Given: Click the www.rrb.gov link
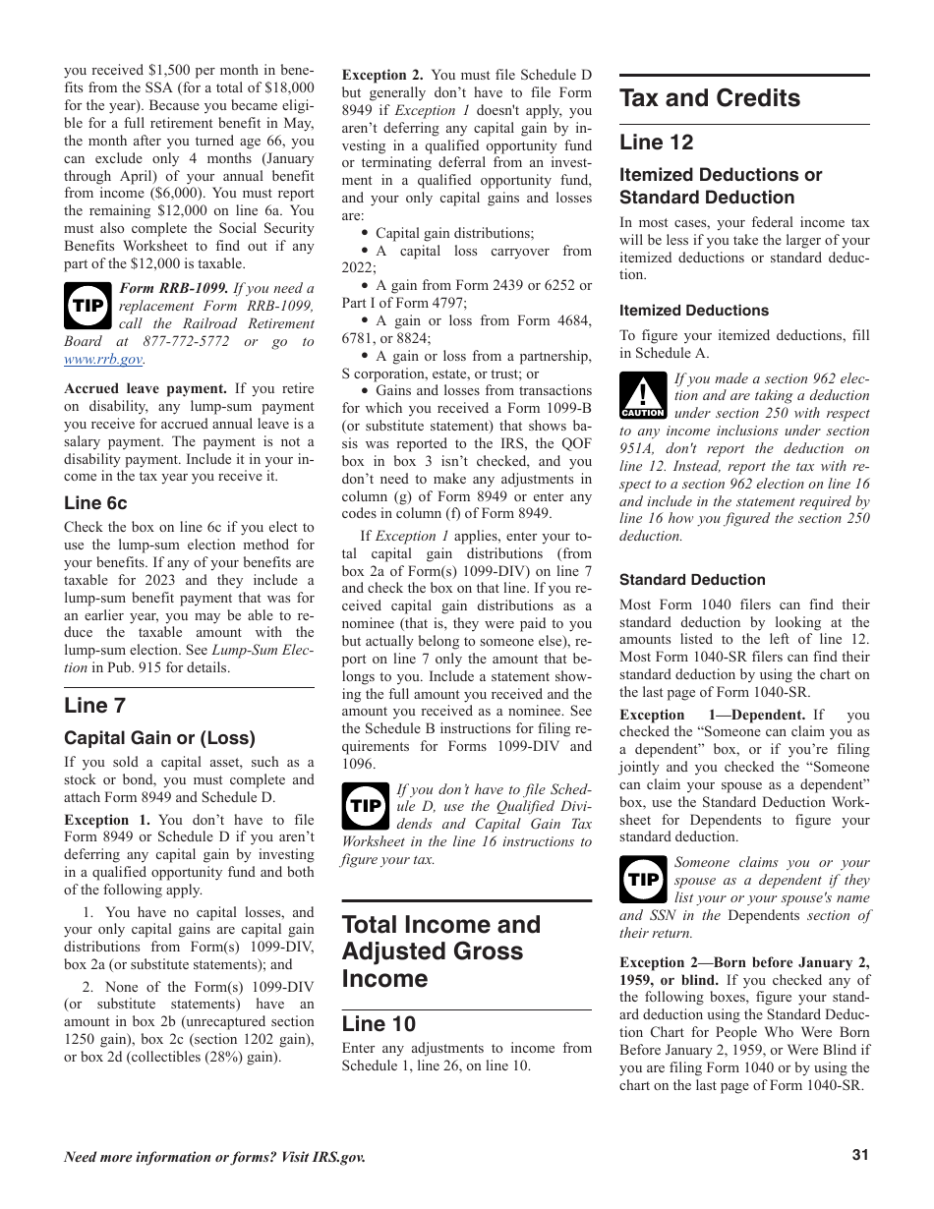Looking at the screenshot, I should (x=103, y=360).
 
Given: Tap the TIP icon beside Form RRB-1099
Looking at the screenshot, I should (x=88, y=306).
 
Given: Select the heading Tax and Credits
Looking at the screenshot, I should (x=709, y=98).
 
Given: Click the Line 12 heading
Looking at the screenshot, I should (x=656, y=143).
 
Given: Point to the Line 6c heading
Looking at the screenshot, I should (x=95, y=503).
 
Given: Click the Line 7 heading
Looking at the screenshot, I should (x=94, y=705).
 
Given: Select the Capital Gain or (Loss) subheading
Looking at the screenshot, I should (x=159, y=738).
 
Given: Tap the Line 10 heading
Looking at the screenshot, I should (x=379, y=1024).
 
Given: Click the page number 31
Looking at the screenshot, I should (x=860, y=1156).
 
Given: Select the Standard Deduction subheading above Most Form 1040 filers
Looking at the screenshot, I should (x=691, y=580).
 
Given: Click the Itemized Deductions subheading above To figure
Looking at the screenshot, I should (x=693, y=311).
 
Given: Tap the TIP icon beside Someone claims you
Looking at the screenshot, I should (x=643, y=880).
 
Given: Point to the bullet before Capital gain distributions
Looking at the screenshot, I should (x=365, y=234).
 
